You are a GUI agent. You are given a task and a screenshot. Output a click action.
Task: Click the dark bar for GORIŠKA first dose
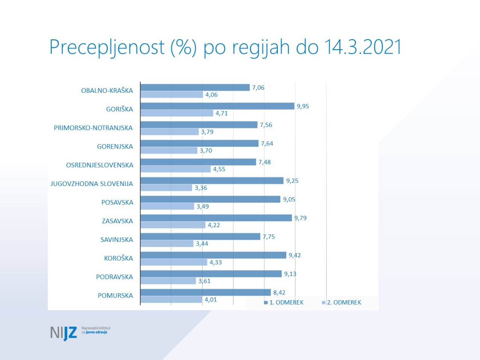tap(217, 106)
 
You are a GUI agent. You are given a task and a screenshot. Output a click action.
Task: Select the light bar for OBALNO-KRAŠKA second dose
tap(172, 94)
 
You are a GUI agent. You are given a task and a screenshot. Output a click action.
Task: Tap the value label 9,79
tap(300, 218)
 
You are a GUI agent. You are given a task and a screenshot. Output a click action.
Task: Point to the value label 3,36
tap(201, 188)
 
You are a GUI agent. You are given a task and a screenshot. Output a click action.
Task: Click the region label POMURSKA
tap(115, 295)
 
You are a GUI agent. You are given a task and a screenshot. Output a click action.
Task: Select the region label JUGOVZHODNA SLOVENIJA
tap(91, 184)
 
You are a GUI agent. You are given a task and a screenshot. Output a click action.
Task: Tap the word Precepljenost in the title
tap(107, 48)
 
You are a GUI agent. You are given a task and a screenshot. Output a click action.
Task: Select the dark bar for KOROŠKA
tap(213, 255)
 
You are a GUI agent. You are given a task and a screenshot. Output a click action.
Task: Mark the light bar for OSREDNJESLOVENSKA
tap(175, 169)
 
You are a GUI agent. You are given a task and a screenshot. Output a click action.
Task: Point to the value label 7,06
tap(258, 87)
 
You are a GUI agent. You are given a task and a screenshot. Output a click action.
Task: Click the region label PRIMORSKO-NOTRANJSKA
tap(93, 128)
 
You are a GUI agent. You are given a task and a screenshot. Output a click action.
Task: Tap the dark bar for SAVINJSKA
tap(200, 237)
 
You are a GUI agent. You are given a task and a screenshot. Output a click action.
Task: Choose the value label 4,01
tap(211, 300)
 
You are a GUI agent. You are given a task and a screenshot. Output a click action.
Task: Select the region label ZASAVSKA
tap(117, 221)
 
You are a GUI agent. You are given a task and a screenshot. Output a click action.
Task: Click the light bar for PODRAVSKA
tap(168, 281)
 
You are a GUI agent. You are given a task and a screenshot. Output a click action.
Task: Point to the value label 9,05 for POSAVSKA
tap(289, 199)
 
